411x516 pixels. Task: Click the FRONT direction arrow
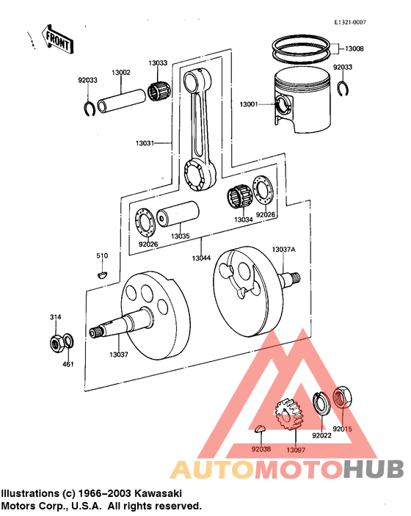click(57, 41)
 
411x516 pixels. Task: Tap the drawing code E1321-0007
click(350, 23)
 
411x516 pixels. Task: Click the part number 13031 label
click(144, 143)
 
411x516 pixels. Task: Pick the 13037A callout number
click(283, 250)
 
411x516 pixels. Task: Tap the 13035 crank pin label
click(181, 236)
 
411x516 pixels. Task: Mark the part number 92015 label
click(343, 429)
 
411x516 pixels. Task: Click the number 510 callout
click(102, 255)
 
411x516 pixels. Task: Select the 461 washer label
click(68, 364)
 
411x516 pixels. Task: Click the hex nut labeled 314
click(54, 342)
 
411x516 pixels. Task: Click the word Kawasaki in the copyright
click(157, 493)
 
